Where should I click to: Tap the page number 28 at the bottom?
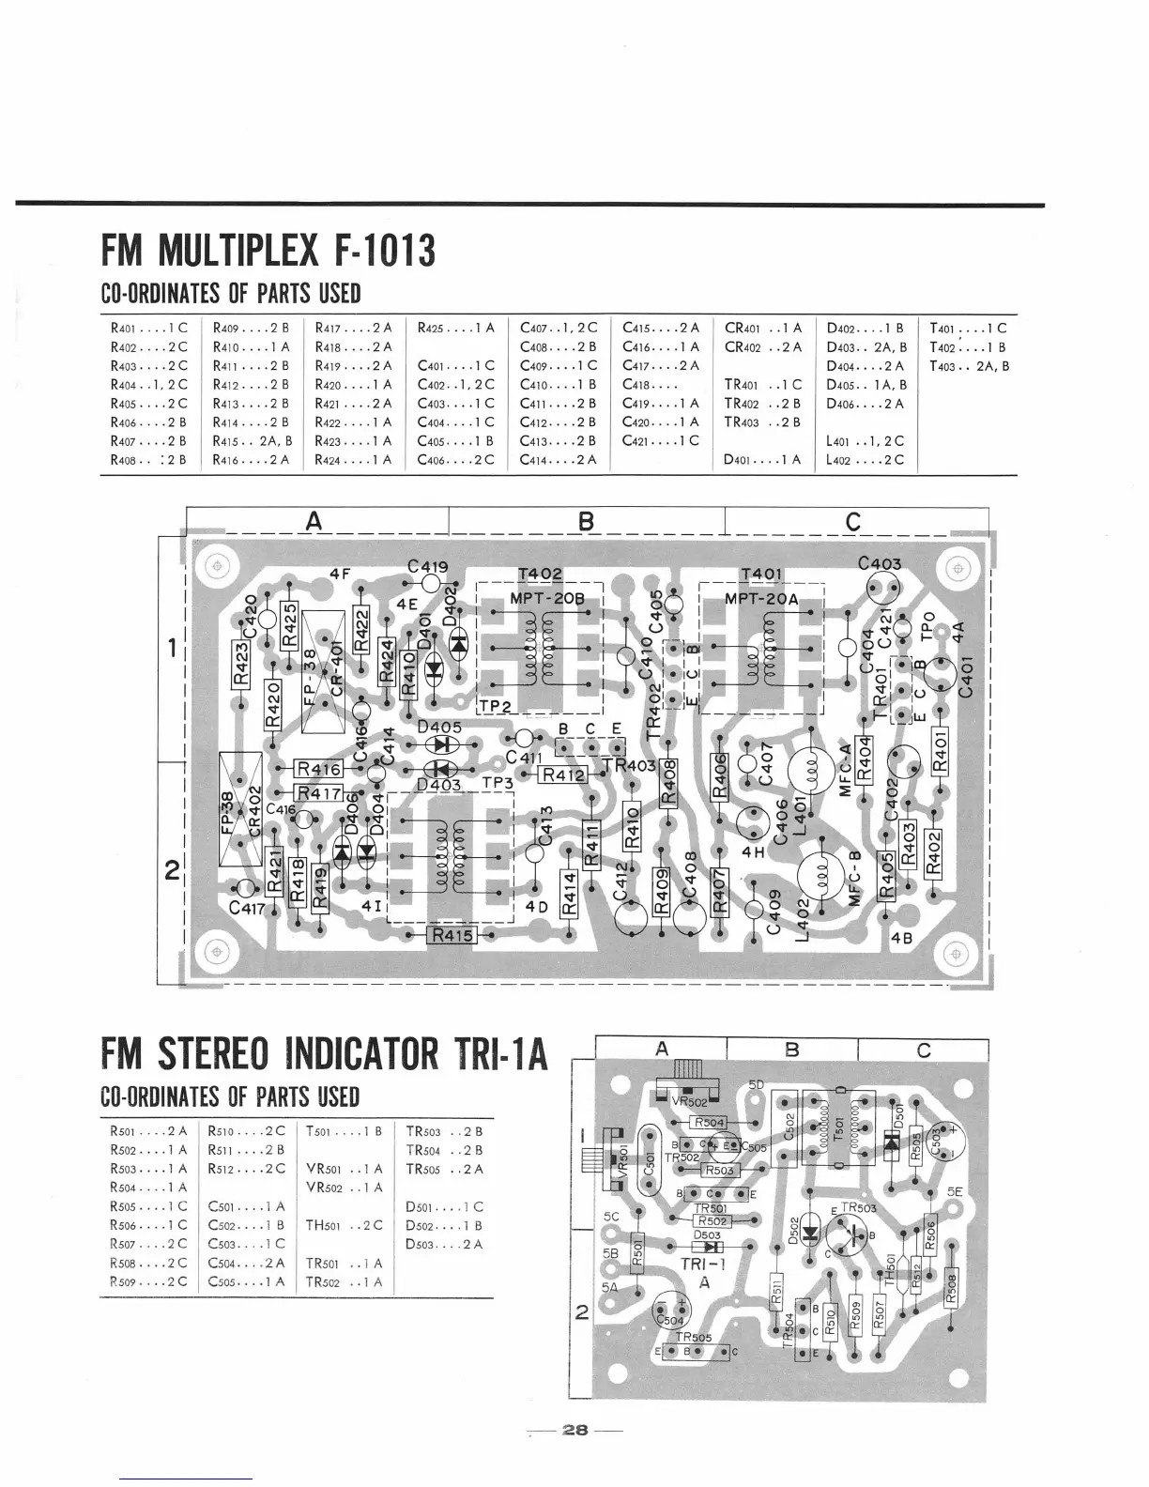[574, 1431]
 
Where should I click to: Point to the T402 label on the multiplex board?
[540, 575]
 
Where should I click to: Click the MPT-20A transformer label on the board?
[761, 599]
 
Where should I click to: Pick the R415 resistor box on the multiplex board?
[452, 935]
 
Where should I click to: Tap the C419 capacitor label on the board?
[428, 567]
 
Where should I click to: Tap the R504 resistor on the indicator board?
[709, 1123]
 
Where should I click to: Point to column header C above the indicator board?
[924, 1050]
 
